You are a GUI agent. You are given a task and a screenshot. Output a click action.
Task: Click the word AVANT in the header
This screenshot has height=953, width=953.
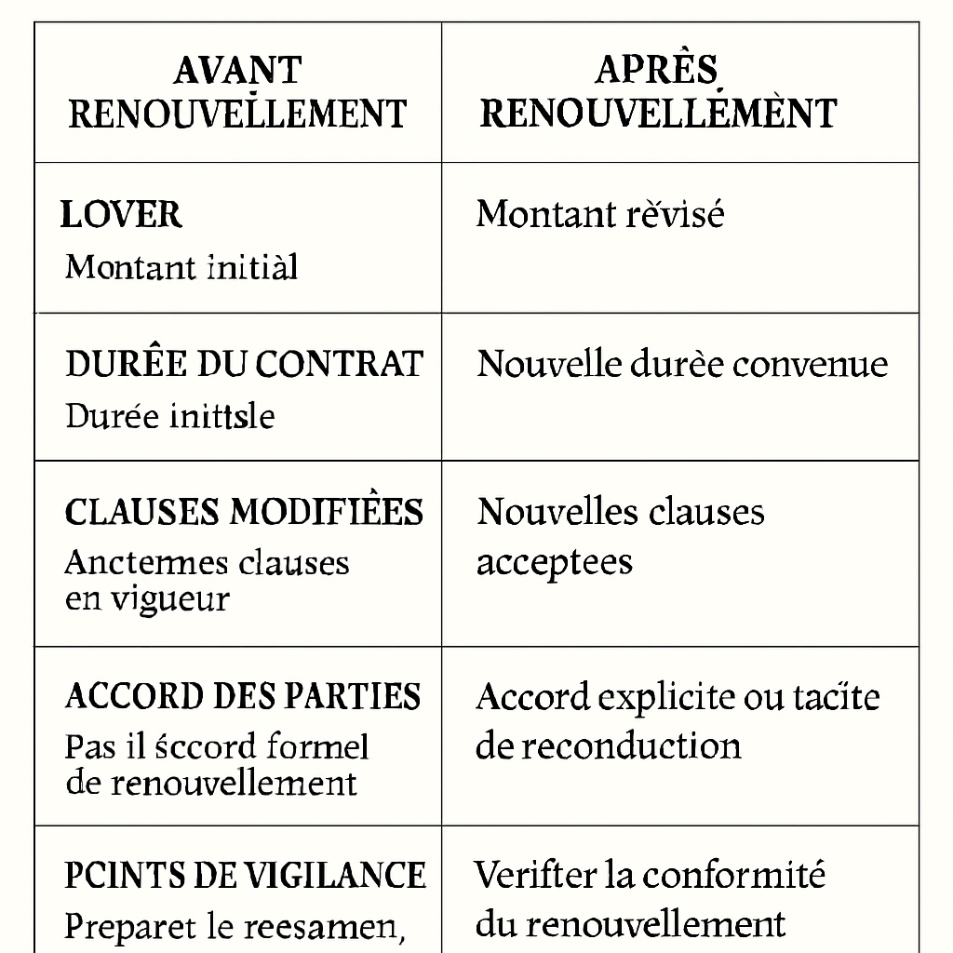[x=237, y=71]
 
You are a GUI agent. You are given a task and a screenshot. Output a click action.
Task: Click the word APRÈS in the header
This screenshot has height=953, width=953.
[x=657, y=71]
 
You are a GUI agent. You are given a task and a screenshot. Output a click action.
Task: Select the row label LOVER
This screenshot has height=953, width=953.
[x=121, y=215]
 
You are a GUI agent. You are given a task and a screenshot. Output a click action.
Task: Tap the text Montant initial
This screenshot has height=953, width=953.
[x=181, y=268]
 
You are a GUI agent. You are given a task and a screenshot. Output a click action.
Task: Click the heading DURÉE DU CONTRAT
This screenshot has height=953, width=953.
[x=244, y=364]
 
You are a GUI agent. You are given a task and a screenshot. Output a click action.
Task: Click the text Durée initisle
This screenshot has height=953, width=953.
[x=170, y=415]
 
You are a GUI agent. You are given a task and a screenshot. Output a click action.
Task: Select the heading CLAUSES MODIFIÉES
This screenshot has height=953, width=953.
[x=244, y=512]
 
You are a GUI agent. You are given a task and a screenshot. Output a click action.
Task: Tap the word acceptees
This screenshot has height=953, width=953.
[x=555, y=562]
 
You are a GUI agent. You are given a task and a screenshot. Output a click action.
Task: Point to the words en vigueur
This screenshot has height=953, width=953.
[x=147, y=598]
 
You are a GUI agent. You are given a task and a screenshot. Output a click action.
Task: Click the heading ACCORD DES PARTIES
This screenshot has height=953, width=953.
[x=243, y=696]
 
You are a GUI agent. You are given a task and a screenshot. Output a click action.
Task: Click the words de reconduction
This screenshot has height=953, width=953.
[x=609, y=745]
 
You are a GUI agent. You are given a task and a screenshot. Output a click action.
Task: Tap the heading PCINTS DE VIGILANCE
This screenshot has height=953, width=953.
[x=245, y=876]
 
